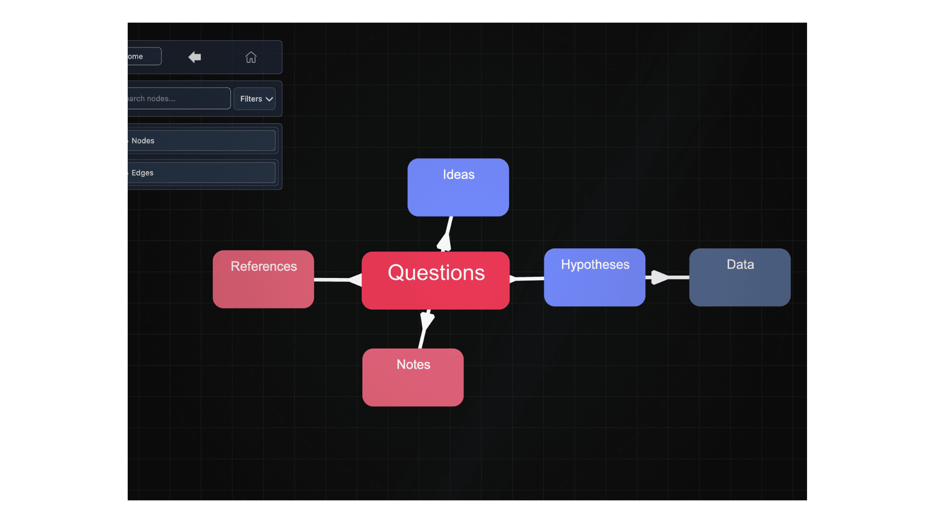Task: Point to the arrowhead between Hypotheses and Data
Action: tap(659, 277)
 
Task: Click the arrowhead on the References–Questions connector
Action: tap(355, 280)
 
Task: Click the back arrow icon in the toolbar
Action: tap(195, 57)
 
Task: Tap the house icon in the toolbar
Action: tap(251, 57)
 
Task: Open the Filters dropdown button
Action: tap(255, 99)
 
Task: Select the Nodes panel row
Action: tap(201, 140)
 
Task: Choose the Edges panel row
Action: tap(201, 173)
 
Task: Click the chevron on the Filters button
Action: tap(270, 99)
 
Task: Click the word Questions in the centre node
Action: tap(436, 273)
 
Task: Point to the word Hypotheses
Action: tap(595, 264)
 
